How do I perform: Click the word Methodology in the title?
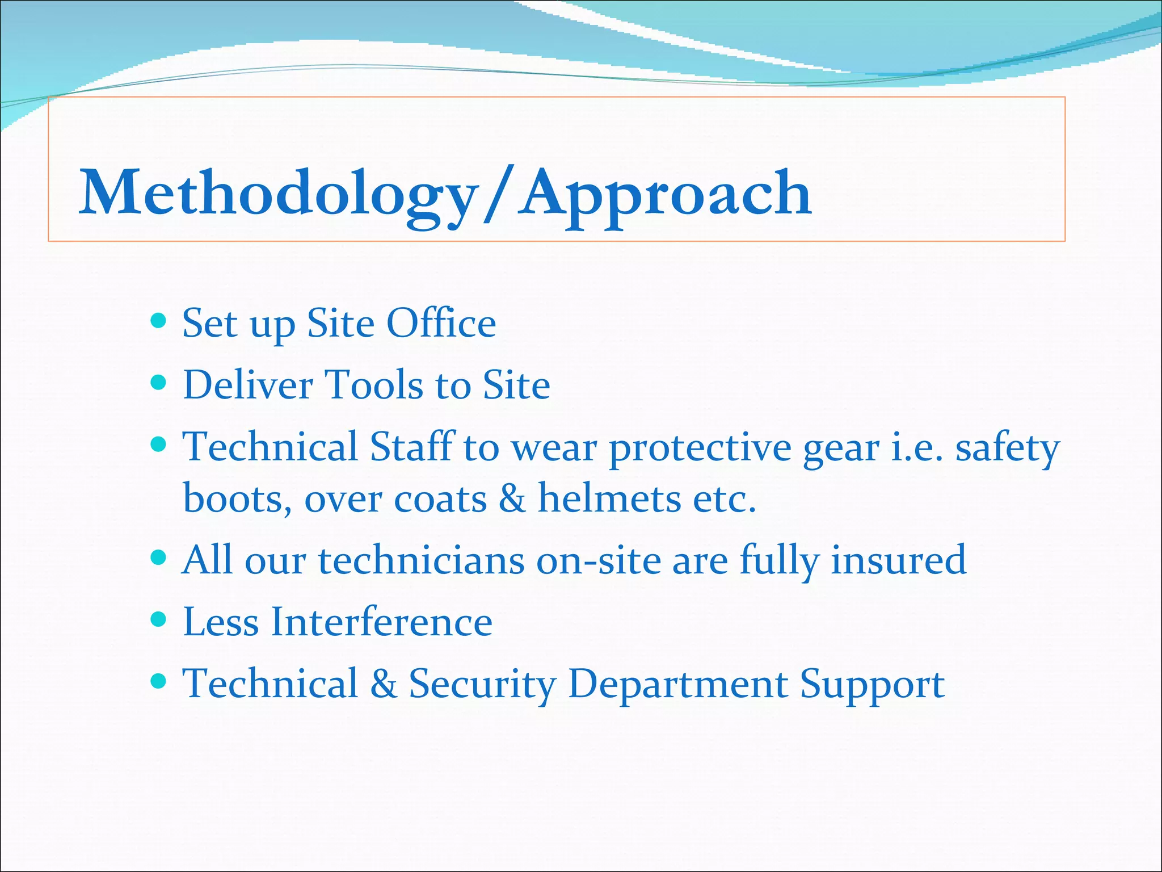(x=278, y=194)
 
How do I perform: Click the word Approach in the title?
(x=667, y=194)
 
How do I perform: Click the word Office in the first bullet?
(x=441, y=324)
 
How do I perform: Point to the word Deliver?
(x=247, y=385)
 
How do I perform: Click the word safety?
(x=1007, y=448)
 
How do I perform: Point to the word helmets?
(x=609, y=498)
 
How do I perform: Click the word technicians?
(x=421, y=560)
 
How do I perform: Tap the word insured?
(x=898, y=560)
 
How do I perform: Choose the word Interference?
(x=381, y=622)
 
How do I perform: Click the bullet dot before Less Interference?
(x=159, y=618)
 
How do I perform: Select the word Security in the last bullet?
(x=482, y=684)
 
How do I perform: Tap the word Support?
(x=872, y=684)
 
